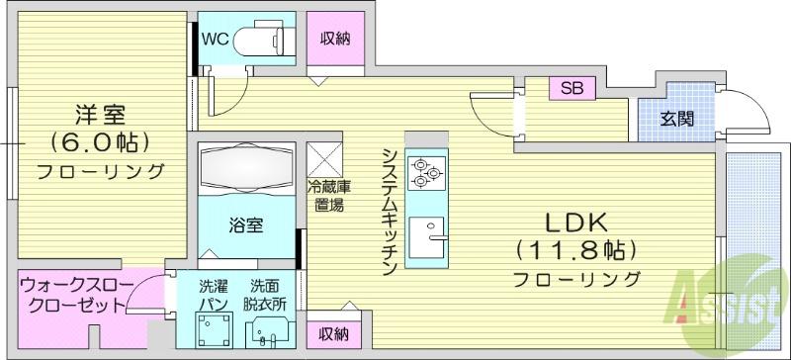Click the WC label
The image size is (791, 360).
coord(216,39)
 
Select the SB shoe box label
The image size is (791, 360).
coord(572,88)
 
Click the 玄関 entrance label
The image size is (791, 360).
coord(677,119)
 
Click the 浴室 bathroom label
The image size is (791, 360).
coord(246,225)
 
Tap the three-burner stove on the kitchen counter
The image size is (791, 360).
coord(426,173)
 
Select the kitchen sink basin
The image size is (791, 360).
coord(427,237)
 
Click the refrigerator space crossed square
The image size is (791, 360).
coord(324,160)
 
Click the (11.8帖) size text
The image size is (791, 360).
coord(575,249)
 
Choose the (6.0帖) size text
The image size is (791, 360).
coord(100,142)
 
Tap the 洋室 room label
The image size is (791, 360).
coord(100,115)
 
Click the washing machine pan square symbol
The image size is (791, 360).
coord(214,329)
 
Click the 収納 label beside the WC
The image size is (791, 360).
coord(335,39)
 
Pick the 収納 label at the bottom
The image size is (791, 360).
coord(334,333)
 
